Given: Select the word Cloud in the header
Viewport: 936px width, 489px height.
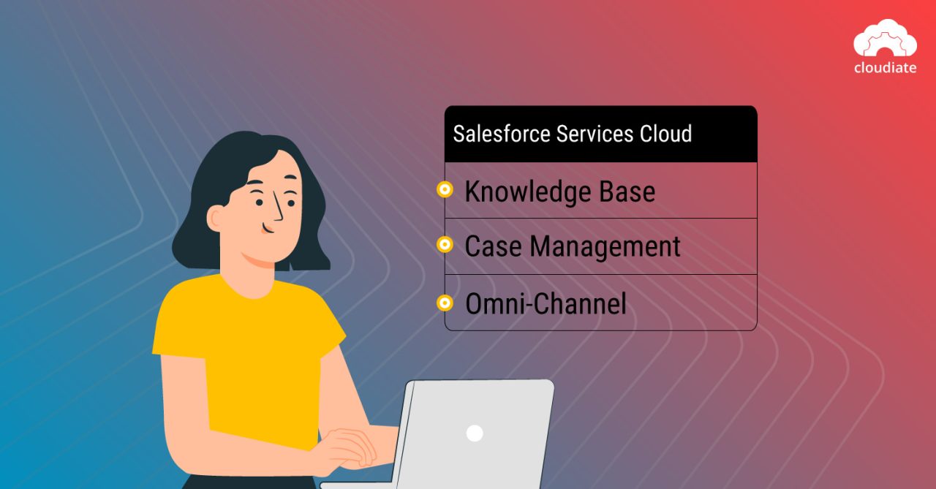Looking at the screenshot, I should coord(665,134).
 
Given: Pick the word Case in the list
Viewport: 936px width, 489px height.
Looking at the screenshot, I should coord(494,246).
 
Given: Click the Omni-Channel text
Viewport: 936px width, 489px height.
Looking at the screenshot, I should coord(546,303).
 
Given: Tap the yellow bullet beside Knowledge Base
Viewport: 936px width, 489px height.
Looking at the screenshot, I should coord(444,190).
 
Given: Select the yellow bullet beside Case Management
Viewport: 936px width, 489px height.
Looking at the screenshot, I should coord(444,245).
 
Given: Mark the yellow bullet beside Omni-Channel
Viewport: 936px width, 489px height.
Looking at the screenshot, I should coord(444,302).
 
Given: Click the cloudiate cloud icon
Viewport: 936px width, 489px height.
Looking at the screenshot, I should coord(885,39).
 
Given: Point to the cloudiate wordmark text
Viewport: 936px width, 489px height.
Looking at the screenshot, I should coord(885,68).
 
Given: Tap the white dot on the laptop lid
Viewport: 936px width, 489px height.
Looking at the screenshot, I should coord(475,433).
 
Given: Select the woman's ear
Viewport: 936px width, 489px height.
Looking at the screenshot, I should coord(216,217).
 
